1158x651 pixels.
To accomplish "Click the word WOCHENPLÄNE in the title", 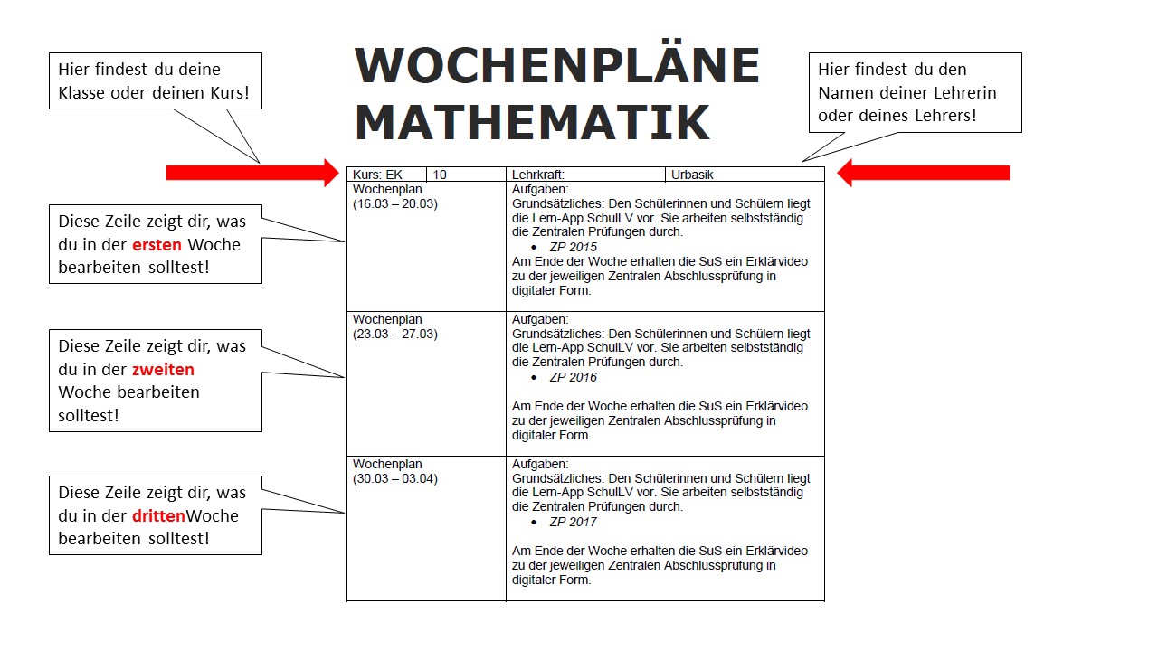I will (x=556, y=66).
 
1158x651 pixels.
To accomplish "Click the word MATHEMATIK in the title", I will (x=532, y=123).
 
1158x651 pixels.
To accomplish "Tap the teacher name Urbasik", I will (x=693, y=175).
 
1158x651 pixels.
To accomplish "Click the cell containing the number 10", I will (x=440, y=175).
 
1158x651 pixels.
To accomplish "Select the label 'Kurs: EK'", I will (x=377, y=175).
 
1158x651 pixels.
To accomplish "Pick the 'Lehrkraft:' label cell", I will (x=538, y=175).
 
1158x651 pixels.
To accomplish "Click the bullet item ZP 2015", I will (x=573, y=247).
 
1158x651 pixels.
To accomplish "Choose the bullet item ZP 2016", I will (x=573, y=377).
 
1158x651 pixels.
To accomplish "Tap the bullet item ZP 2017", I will (x=573, y=522).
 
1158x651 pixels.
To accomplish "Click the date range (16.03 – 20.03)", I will (x=395, y=204).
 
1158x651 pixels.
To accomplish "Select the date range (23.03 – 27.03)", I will (x=395, y=335).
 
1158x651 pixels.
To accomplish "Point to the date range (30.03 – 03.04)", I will (x=395, y=479).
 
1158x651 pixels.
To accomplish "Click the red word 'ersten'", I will (x=157, y=245).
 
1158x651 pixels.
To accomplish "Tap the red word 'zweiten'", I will (x=163, y=370).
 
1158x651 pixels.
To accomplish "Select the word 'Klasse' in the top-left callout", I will (x=83, y=92).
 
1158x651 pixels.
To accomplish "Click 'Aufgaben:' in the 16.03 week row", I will (x=540, y=190).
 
